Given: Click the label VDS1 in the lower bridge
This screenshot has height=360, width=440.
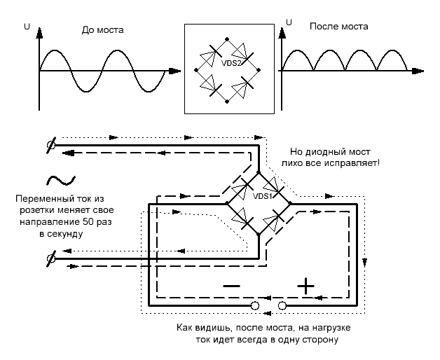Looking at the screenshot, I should coord(261,196).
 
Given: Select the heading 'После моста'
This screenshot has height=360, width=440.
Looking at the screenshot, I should coord(338,27).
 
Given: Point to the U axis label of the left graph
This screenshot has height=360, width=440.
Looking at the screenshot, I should coord(27,27).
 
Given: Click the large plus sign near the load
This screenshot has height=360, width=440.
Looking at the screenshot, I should coord(305,285).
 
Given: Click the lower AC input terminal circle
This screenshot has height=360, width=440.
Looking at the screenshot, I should coord(50,261).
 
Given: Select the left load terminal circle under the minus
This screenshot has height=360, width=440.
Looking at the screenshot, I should coord(255,306).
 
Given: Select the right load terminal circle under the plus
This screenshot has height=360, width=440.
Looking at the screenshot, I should coord(282,306).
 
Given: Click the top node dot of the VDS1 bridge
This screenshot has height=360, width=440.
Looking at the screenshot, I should coord(258,171).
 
